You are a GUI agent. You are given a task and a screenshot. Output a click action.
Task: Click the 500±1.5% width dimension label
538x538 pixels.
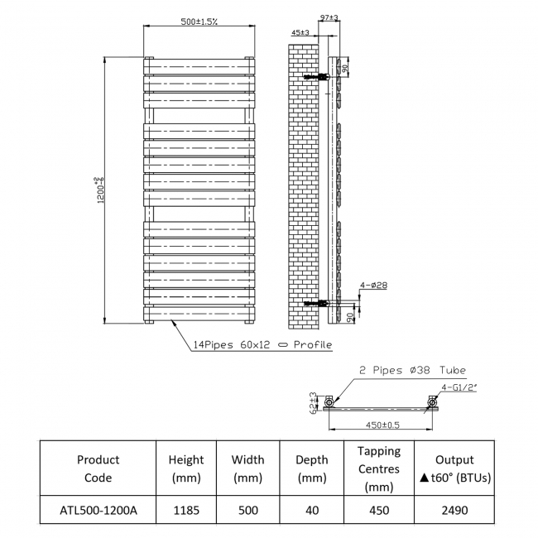(199, 22)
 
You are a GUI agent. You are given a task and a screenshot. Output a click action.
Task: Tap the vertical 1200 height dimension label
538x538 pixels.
(99, 190)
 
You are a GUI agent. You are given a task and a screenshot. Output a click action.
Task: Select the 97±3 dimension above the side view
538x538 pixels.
(329, 17)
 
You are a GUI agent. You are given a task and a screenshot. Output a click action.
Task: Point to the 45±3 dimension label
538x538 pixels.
(300, 32)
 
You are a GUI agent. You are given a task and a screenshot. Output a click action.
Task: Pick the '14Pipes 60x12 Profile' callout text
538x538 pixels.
(262, 344)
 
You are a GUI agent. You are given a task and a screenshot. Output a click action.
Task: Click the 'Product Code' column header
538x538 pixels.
(98, 468)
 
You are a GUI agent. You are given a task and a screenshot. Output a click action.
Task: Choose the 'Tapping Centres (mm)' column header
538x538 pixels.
(378, 468)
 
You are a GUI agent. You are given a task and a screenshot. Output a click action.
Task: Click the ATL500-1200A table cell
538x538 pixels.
(98, 510)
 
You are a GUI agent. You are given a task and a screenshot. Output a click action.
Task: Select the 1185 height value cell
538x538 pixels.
(186, 510)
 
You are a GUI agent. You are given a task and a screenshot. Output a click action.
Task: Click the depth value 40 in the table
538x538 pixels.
(311, 510)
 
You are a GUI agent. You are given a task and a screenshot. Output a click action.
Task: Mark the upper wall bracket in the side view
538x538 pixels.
(315, 77)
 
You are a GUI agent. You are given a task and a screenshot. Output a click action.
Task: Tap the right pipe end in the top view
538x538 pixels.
(431, 404)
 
